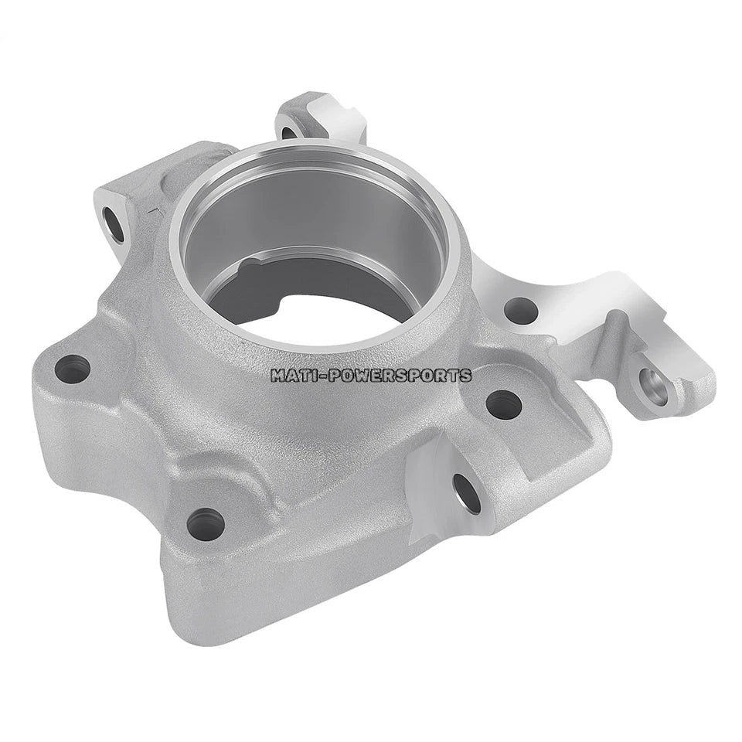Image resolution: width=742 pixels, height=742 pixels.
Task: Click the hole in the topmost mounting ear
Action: pos(289,132)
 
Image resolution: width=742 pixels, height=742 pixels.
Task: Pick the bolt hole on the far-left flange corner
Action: pos(73,369)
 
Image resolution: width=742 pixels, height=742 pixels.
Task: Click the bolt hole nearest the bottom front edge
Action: pos(206,524)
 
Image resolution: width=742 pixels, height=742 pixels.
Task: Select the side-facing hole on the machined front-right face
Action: pos(467,493)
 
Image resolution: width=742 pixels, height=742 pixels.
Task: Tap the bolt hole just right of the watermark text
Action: pos(503,403)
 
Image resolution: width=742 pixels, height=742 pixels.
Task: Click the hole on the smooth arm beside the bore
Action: pos(521,311)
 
